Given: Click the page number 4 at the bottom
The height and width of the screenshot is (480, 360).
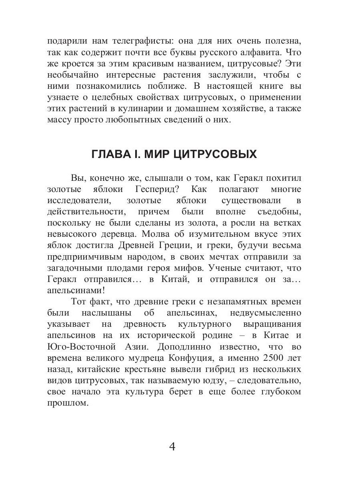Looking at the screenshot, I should tap(172, 446).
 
